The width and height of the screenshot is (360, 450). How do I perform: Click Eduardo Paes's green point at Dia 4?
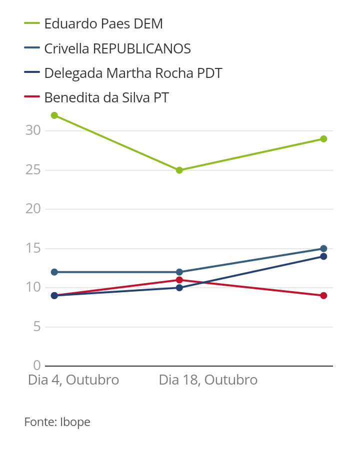54,115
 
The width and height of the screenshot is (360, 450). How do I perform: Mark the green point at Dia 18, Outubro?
179,170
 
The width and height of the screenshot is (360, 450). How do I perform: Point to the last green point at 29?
323,139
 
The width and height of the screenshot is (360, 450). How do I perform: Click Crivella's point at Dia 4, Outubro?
54,272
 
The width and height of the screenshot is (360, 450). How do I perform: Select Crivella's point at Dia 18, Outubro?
179,272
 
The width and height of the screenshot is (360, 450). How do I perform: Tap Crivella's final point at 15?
323,249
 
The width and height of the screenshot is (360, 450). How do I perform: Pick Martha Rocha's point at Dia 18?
179,288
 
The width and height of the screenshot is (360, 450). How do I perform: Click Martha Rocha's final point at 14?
323,257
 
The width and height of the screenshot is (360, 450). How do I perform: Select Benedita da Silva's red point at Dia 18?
179,280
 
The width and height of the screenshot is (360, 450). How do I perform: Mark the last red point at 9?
323,296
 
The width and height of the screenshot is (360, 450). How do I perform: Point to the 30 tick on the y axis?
32,130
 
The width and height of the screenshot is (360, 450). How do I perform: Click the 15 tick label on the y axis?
32,248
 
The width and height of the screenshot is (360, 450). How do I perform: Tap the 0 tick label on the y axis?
36,366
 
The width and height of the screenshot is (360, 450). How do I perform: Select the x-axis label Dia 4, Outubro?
73,380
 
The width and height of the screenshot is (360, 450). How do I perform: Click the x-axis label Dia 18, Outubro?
208,380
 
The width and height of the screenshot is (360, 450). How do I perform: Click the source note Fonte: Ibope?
57,422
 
